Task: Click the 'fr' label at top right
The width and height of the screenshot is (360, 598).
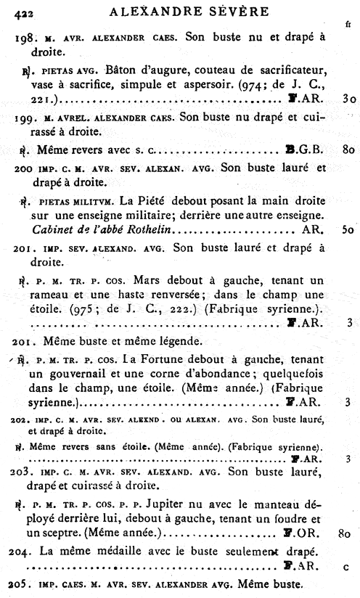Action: (348, 24)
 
